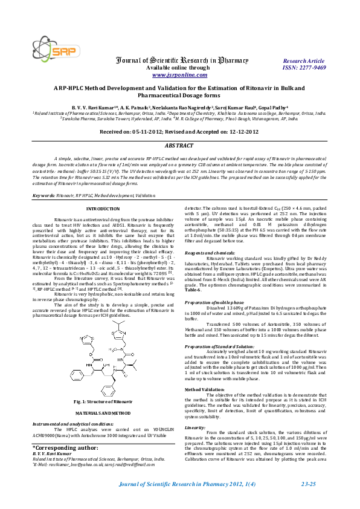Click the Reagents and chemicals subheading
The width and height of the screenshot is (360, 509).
tap(210, 252)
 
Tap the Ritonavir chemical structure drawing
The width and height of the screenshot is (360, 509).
tap(95, 327)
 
